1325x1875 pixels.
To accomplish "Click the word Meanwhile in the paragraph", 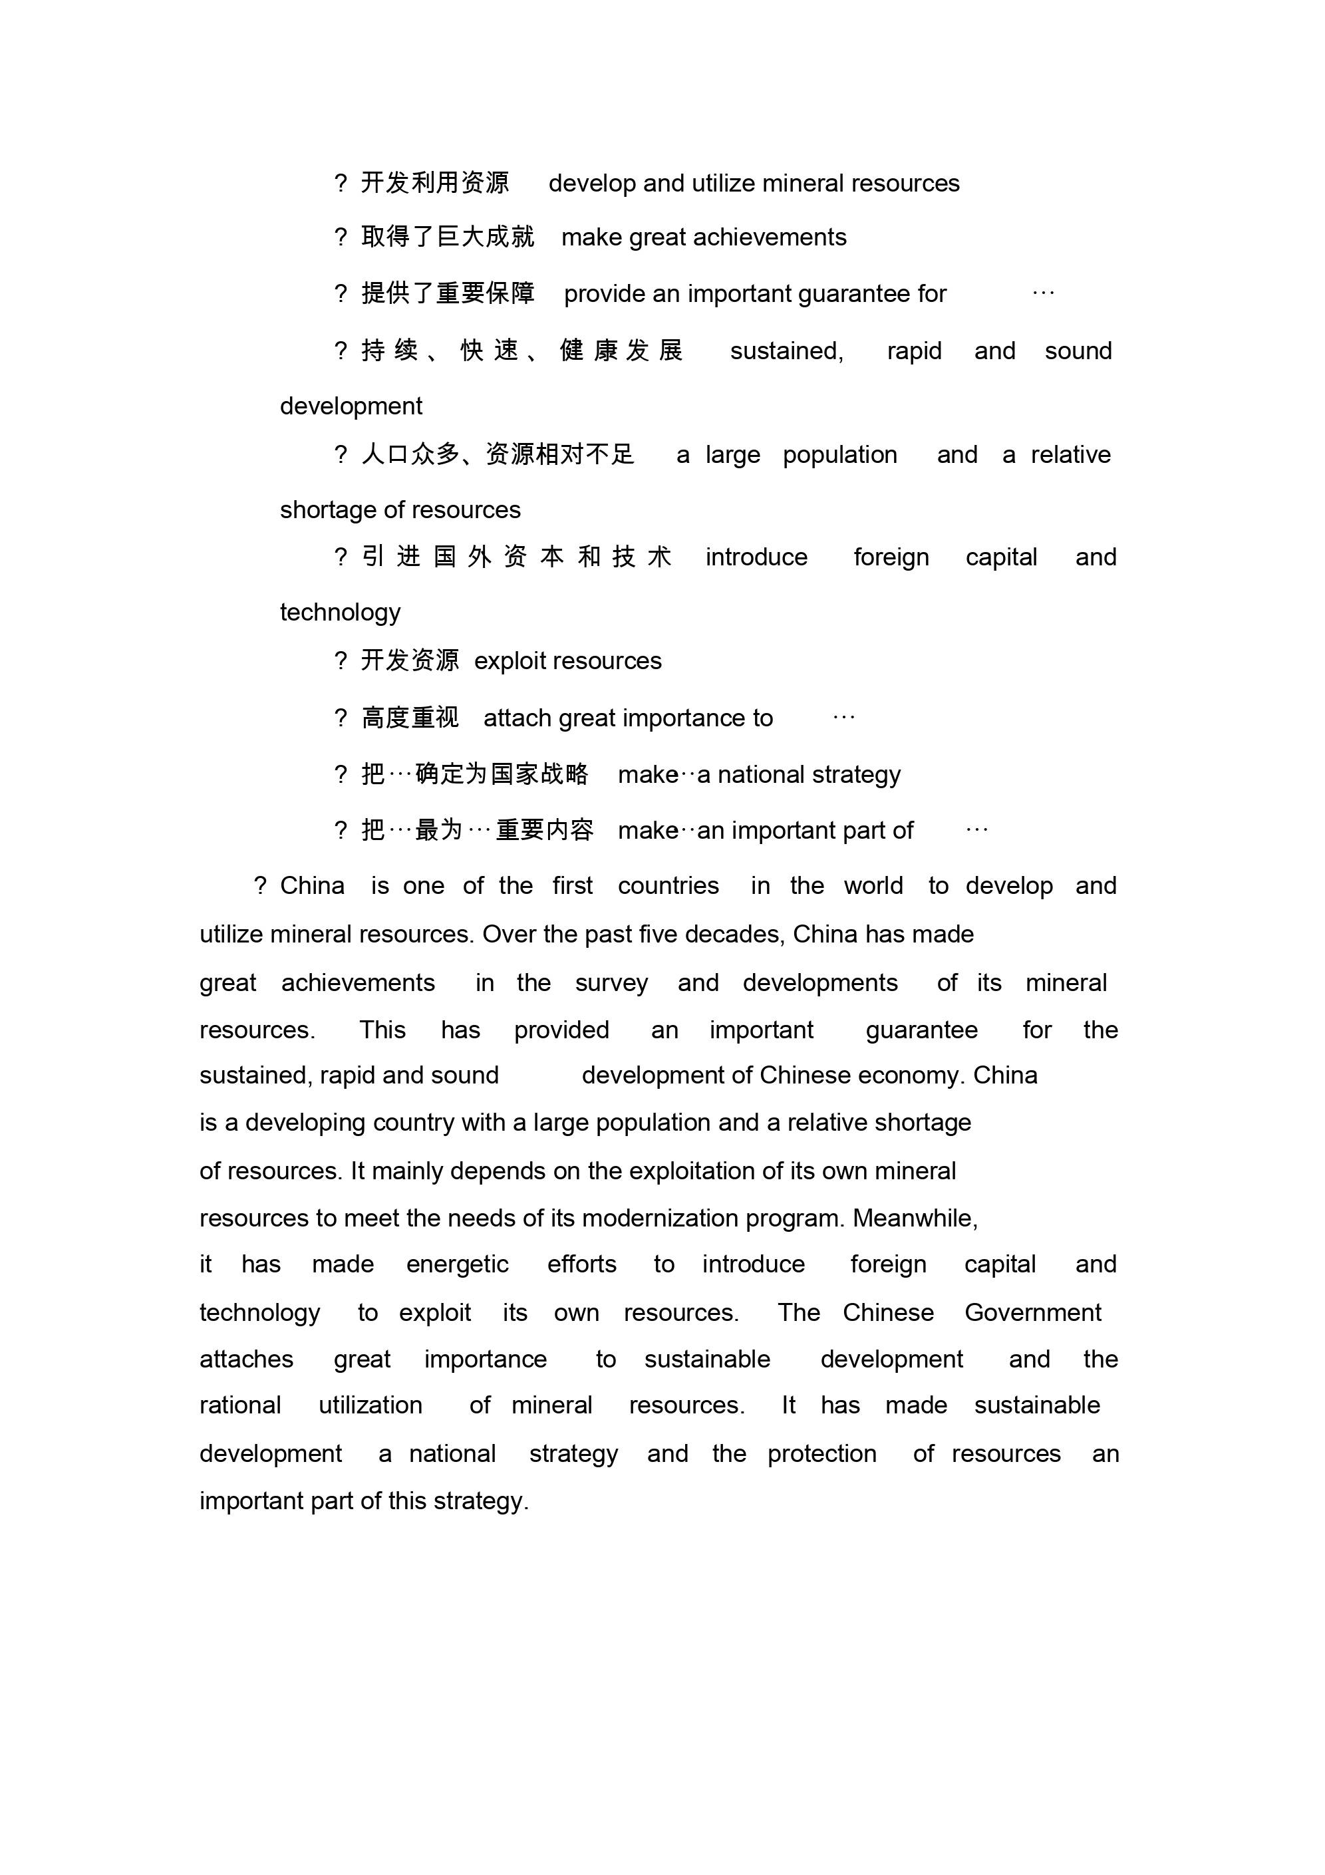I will pos(915,1219).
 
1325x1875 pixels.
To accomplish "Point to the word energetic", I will pos(458,1265).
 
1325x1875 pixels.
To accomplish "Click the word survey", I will pos(611,983).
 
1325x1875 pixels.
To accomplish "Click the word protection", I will pos(821,1453).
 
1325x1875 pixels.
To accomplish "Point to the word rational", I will pos(240,1405).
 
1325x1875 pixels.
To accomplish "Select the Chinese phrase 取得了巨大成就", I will pos(448,237).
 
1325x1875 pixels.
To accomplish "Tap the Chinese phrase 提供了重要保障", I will pos(448,293).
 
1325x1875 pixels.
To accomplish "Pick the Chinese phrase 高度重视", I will pos(410,718).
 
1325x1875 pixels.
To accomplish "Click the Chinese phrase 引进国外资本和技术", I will pos(516,557).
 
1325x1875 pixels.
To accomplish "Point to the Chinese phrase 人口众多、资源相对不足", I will pos(498,455).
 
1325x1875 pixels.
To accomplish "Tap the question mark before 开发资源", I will pos(341,660).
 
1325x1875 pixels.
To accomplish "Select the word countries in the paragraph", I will pos(668,886).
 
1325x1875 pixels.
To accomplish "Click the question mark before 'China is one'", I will pos(260,886).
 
